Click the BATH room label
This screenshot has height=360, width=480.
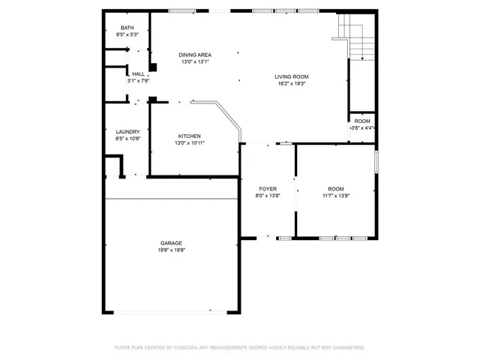coord(127,28)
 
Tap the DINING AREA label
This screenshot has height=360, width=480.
coord(194,55)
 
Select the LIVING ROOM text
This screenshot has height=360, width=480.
coord(291,76)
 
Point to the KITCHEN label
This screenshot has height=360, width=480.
coord(189,136)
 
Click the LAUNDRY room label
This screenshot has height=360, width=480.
coord(127,132)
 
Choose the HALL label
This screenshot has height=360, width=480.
coord(138,74)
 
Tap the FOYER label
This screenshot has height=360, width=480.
coord(268,189)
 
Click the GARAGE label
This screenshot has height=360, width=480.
coord(171,243)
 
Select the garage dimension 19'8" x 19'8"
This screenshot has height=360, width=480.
coord(171,250)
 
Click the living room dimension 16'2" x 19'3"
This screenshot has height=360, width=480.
coord(291,84)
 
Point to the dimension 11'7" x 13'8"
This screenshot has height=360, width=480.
coord(335,196)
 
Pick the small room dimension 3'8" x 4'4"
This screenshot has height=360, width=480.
coord(362,128)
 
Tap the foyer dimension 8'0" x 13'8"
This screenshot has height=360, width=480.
coord(268,196)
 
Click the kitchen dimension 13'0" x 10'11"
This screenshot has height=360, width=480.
coord(189,143)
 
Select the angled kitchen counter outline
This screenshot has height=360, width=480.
coord(225,116)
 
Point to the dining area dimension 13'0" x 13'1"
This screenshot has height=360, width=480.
coord(194,62)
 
